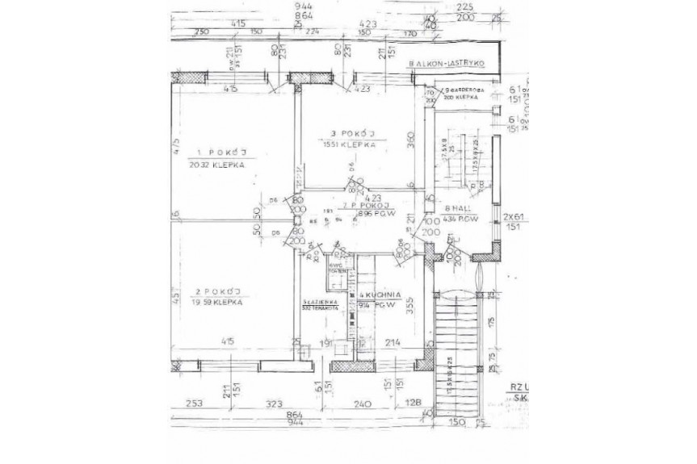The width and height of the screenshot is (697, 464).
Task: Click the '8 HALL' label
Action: click(x=457, y=208)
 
